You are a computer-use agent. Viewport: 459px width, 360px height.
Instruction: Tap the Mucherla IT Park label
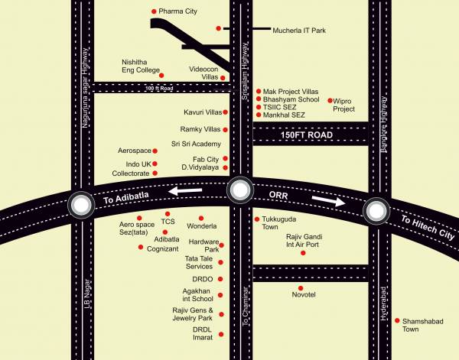pyautogui.click(x=299, y=30)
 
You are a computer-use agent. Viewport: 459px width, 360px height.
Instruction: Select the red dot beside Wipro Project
pyautogui.click(x=330, y=100)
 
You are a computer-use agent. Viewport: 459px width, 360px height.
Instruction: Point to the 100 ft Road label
pyautogui.click(x=159, y=88)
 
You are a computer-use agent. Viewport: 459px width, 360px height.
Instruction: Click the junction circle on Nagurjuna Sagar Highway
pyautogui.click(x=81, y=204)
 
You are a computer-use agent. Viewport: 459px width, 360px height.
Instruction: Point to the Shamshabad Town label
pyautogui.click(x=422, y=325)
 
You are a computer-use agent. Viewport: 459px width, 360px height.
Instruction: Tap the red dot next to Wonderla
pyautogui.click(x=201, y=218)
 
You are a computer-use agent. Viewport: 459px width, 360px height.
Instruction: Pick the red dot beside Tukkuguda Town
pyautogui.click(x=256, y=219)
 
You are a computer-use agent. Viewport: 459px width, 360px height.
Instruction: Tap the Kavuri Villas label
pyautogui.click(x=202, y=112)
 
